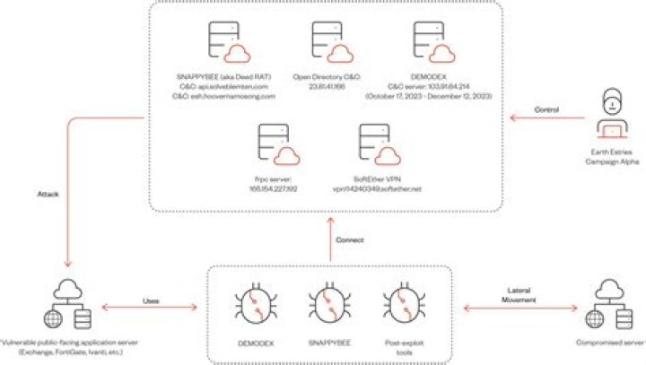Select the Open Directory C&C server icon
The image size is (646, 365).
point(327,41)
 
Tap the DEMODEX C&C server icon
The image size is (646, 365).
point(427,41)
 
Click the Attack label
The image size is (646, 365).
point(48,192)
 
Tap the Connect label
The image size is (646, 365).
point(349,240)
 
